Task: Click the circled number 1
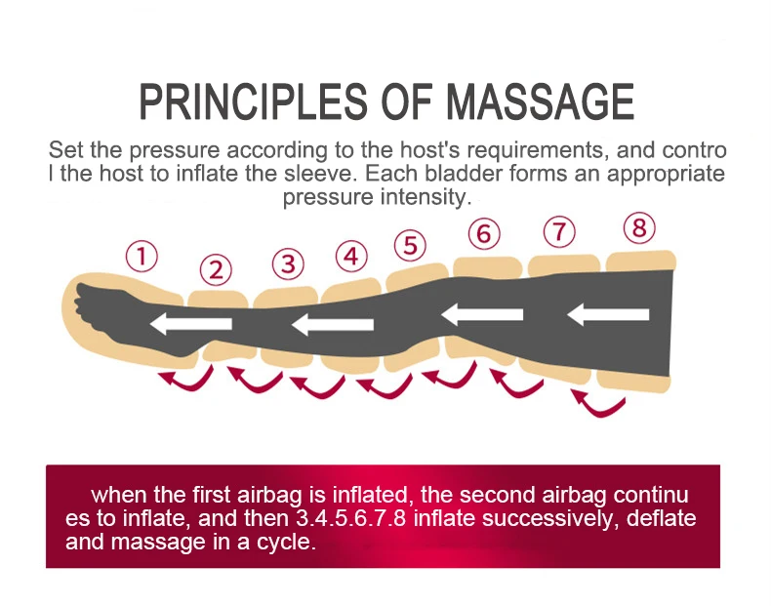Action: click(142, 258)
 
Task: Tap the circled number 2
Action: click(216, 270)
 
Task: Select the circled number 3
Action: click(287, 263)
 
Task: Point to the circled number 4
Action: click(351, 257)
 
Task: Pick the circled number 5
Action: click(411, 245)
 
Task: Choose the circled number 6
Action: click(483, 234)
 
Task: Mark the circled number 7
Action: click(558, 232)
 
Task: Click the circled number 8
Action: click(638, 228)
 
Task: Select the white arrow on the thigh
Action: click(608, 314)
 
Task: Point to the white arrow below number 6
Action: click(482, 314)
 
